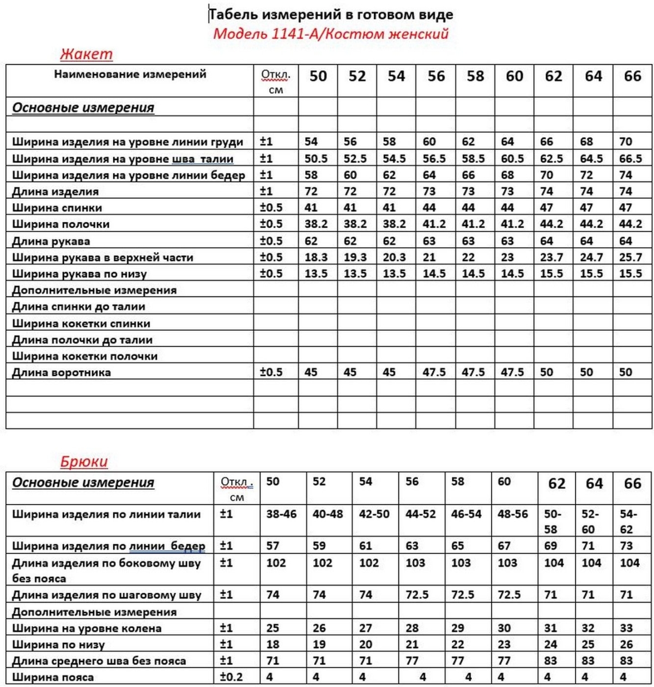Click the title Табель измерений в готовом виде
click(331, 15)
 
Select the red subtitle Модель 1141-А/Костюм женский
click(330, 34)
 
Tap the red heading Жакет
click(86, 54)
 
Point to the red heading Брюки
click(84, 462)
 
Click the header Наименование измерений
click(130, 74)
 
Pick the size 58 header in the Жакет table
click(475, 76)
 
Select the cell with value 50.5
click(316, 159)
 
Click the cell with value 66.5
click(631, 159)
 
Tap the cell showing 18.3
click(316, 257)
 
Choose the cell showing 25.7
click(631, 257)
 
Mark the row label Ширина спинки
click(57, 208)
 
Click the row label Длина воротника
click(62, 373)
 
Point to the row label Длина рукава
click(51, 241)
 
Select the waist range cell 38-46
click(281, 514)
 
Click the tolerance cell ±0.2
click(231, 677)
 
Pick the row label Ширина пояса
click(53, 678)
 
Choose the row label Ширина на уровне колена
click(87, 628)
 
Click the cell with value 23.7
click(552, 257)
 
